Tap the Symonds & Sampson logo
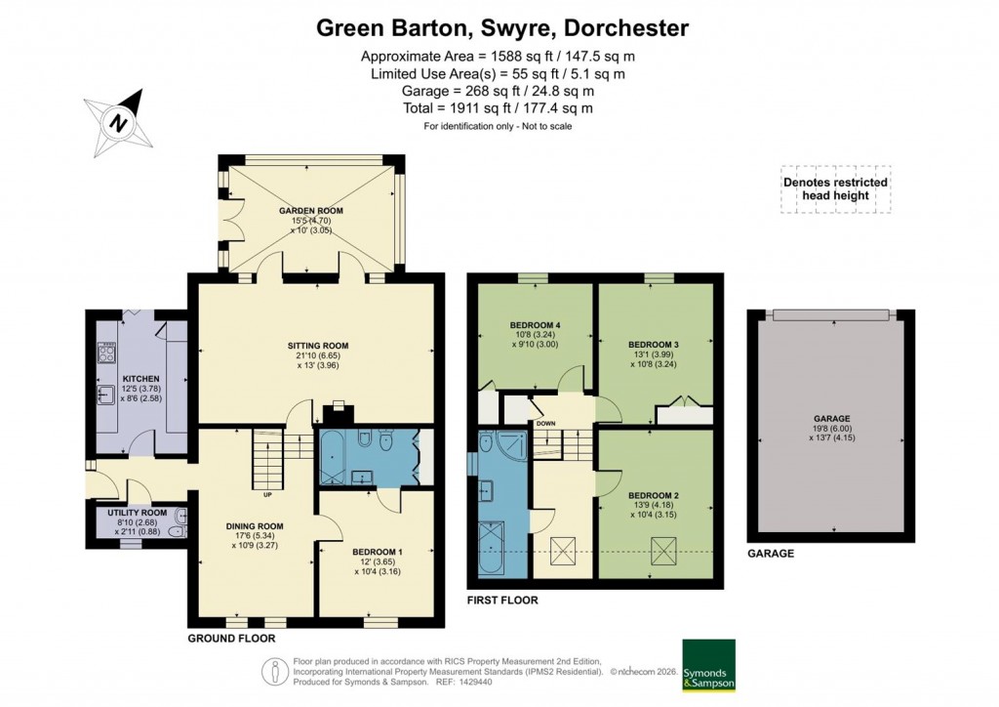point(708,665)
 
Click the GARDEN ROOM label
point(307,211)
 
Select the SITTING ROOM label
point(317,346)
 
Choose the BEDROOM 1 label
point(376,552)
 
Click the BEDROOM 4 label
point(536,325)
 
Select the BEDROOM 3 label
point(654,345)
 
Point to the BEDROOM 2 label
point(654,495)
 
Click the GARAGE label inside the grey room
point(830,418)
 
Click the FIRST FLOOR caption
point(502,600)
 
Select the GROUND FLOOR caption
point(232,638)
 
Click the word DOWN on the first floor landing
point(544,424)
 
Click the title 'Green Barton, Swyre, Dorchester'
point(502,28)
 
